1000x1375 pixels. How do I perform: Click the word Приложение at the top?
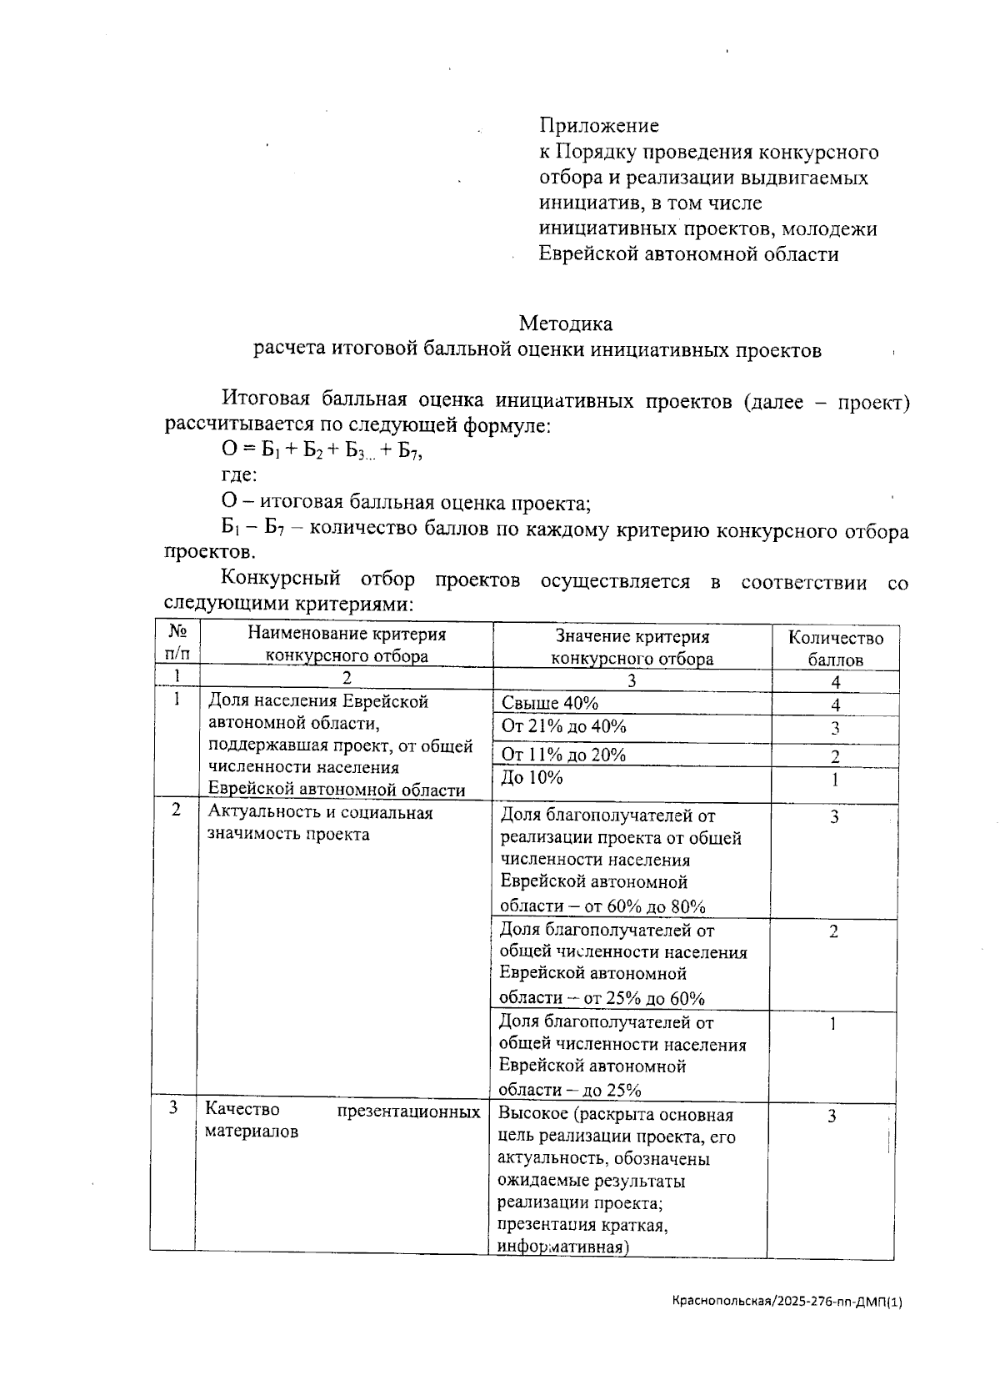(x=598, y=126)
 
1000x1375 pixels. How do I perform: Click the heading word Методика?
(x=565, y=324)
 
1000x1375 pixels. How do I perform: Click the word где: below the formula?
(x=238, y=476)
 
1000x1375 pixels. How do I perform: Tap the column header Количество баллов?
(x=835, y=649)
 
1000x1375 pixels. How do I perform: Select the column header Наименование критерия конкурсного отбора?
(x=347, y=645)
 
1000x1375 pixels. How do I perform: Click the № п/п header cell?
(x=176, y=645)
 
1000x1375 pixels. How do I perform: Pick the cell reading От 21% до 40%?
(x=563, y=726)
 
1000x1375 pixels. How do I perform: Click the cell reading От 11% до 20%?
(x=563, y=755)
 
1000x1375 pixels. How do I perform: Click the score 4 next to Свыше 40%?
(x=835, y=705)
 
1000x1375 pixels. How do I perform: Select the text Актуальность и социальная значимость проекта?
(x=320, y=823)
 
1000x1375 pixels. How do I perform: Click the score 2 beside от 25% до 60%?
(x=833, y=932)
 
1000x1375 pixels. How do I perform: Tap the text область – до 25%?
(x=570, y=1090)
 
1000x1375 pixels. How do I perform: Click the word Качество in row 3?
(x=242, y=1110)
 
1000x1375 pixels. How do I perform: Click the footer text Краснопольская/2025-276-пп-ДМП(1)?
(x=787, y=1301)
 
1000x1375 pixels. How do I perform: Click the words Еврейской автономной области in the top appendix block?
(x=688, y=254)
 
